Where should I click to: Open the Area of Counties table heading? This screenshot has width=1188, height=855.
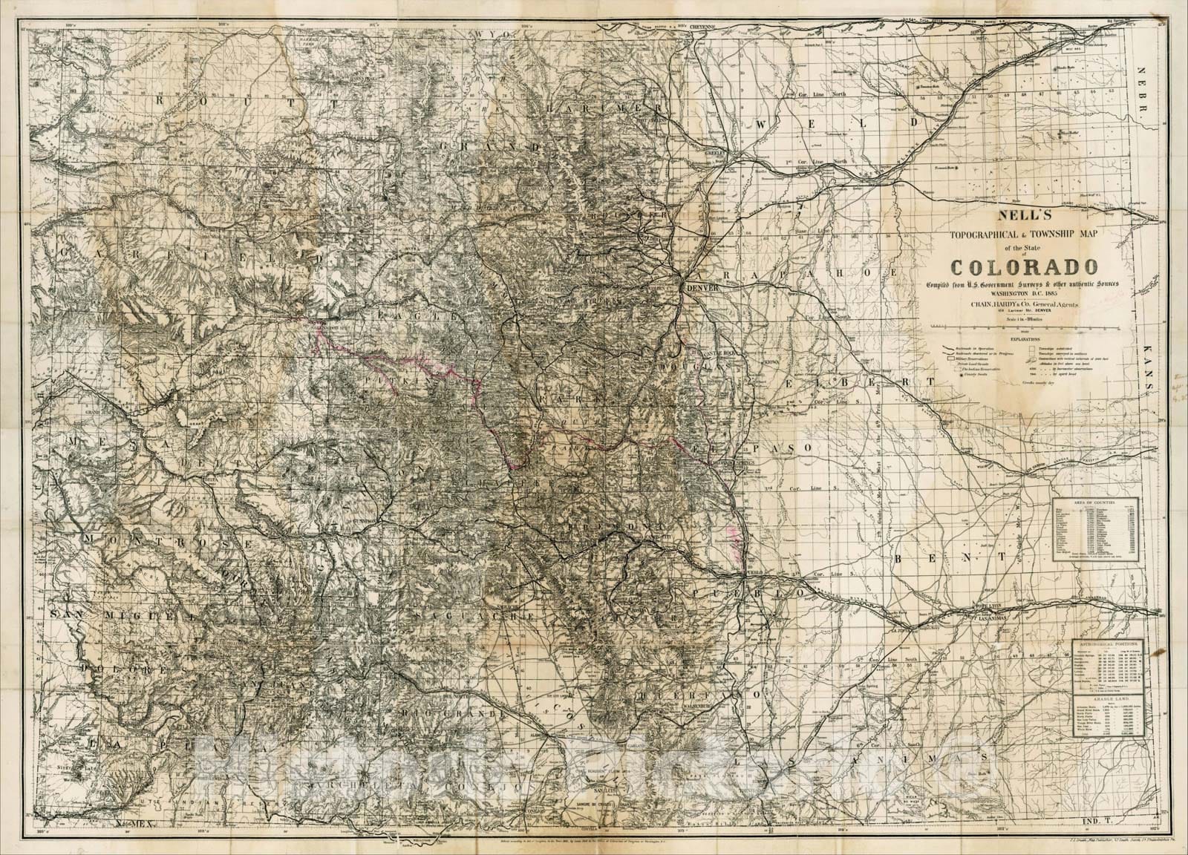point(1097,504)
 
